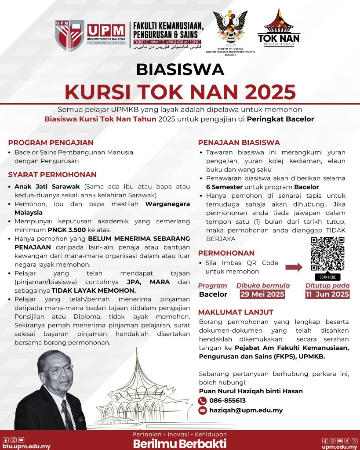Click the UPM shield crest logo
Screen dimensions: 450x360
70,35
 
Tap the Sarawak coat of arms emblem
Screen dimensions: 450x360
230,28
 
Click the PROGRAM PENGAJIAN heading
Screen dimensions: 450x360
51,142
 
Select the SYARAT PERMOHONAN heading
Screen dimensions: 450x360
52,174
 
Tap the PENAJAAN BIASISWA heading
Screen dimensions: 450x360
239,142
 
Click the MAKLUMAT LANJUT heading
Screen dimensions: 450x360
236,312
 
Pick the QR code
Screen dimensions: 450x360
327,254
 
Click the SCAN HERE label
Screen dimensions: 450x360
327,277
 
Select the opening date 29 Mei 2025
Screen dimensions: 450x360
262,294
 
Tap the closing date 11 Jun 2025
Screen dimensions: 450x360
327,294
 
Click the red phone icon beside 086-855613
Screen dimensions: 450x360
202,401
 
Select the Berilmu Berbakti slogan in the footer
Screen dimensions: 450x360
180,443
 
